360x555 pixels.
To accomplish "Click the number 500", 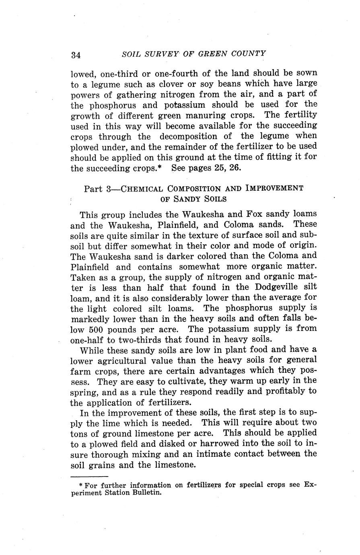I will pos(96,329).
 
